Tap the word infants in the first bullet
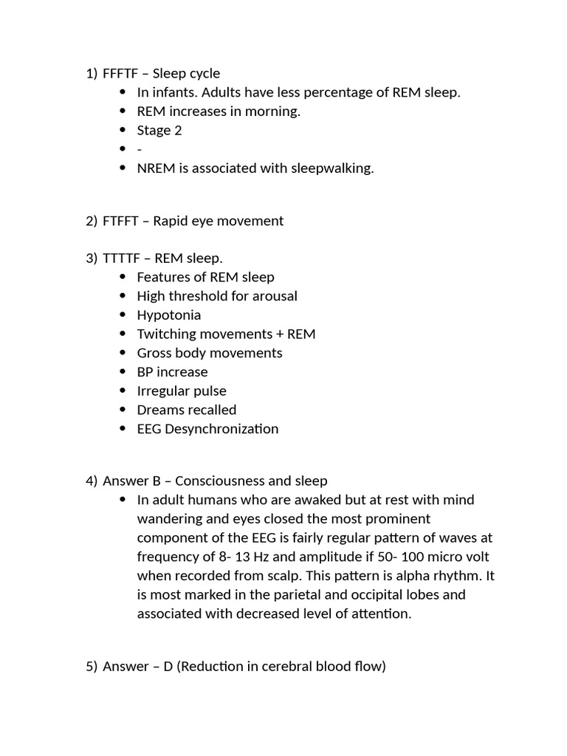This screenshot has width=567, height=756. (x=172, y=92)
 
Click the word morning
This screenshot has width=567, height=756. (x=275, y=111)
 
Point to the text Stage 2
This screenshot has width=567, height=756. (x=159, y=131)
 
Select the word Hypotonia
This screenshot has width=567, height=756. (x=169, y=315)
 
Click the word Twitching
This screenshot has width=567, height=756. (x=167, y=334)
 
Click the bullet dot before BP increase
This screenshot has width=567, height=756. (x=123, y=372)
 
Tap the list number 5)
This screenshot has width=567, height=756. (x=92, y=667)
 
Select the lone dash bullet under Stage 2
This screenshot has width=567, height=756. (x=140, y=150)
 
